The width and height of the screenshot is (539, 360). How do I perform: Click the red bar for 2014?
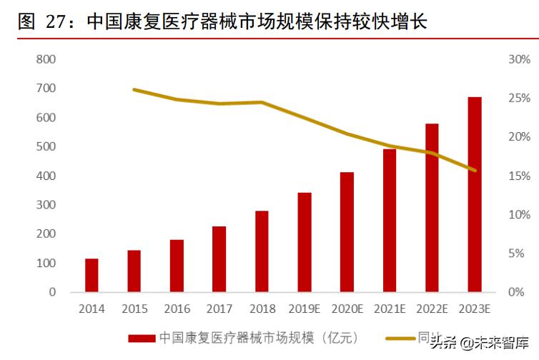tap(92, 275)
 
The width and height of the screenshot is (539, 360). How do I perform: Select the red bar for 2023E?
tap(475, 194)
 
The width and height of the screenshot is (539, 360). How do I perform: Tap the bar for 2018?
tap(262, 251)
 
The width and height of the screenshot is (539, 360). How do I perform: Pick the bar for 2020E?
tap(347, 232)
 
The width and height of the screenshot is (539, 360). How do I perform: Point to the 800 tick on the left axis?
tap(46, 59)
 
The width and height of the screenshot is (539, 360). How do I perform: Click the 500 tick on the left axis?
tap(46, 146)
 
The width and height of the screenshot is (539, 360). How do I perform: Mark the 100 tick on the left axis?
tap(46, 263)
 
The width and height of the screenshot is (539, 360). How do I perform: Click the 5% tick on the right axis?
tap(520, 254)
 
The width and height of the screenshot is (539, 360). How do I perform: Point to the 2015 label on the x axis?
tap(134, 309)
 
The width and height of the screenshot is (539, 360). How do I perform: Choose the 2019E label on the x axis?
tap(305, 309)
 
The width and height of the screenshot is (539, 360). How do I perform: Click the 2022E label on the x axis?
tap(432, 309)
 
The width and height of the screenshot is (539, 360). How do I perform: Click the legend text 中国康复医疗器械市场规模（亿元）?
tap(258, 337)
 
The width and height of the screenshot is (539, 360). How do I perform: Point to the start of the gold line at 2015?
tap(134, 90)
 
